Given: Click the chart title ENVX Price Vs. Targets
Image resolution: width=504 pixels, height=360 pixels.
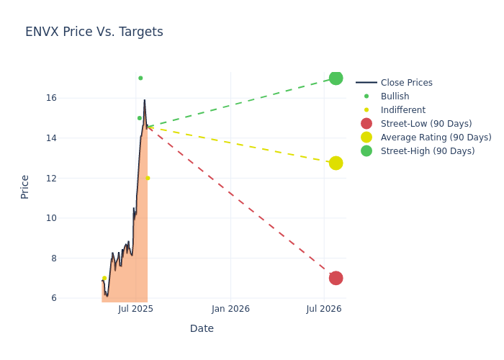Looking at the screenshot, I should [x=94, y=32].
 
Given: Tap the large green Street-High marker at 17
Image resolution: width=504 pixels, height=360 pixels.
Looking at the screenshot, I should [x=336, y=78].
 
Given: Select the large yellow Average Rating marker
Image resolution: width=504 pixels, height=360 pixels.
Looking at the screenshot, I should [x=336, y=163].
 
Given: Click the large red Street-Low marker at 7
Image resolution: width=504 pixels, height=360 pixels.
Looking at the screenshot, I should [x=336, y=278].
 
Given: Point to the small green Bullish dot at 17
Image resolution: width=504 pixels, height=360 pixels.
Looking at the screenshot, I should [x=140, y=78].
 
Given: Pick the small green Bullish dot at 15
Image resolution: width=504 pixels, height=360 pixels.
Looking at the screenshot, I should [x=140, y=118].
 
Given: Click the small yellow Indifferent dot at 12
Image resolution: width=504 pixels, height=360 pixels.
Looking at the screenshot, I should [x=148, y=178].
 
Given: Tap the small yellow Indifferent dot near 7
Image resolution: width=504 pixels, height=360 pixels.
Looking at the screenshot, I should [x=104, y=279].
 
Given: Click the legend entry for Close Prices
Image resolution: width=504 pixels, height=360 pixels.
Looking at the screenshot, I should [x=406, y=83].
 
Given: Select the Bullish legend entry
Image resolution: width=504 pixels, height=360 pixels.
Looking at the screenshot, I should [x=395, y=96].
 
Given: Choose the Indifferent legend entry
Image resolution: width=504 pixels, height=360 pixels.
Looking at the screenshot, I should [x=402, y=110].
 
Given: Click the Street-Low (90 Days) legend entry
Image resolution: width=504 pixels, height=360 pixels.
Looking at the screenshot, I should [x=426, y=124].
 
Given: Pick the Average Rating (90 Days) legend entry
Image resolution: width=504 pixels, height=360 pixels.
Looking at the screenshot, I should [x=436, y=138].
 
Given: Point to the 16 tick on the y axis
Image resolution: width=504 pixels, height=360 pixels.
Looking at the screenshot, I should [x=71, y=98].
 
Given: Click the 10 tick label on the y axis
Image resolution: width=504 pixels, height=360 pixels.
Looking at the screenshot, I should [x=71, y=218].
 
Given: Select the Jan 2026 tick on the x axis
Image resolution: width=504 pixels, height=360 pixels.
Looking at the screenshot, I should [x=230, y=309].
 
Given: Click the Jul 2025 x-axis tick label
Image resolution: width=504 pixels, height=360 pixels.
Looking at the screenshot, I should [x=136, y=309].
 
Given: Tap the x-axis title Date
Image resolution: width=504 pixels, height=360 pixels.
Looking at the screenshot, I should [x=202, y=328].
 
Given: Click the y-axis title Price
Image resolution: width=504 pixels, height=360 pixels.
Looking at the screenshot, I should [x=25, y=186].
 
